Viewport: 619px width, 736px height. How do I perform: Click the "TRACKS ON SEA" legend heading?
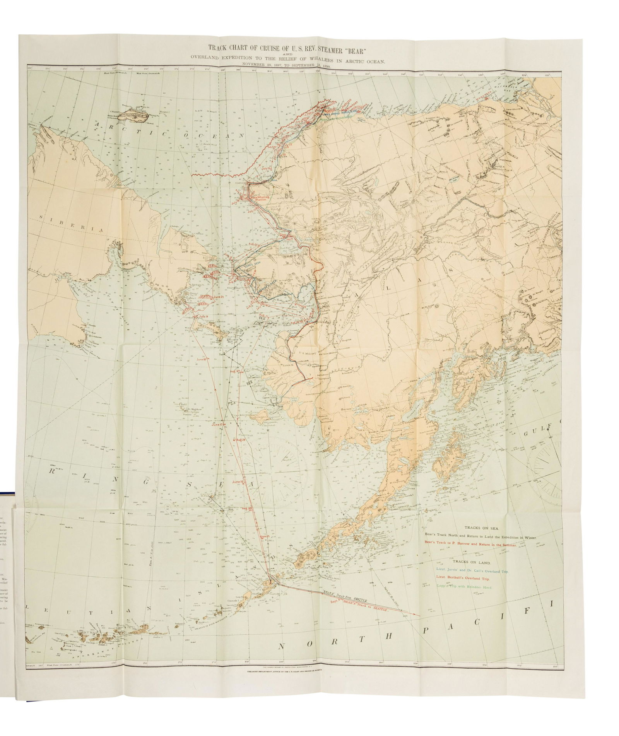(475, 528)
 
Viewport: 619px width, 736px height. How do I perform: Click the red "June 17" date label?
(219, 424)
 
